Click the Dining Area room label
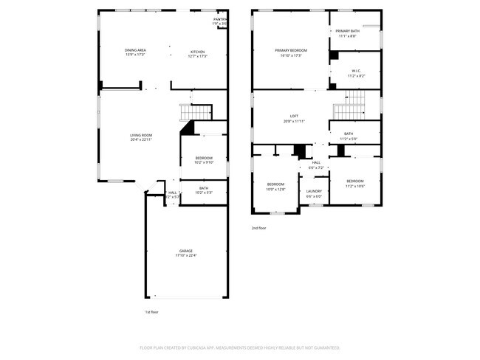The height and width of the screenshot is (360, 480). tap(134, 52)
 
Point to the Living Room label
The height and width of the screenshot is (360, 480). tap(141, 137)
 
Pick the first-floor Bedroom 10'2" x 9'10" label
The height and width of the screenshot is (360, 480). tap(204, 160)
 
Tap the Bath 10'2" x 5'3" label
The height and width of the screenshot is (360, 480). tap(204, 190)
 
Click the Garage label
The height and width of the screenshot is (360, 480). tap(185, 253)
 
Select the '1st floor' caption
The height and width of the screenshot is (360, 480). tap(151, 312)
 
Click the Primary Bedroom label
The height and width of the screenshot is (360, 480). tap(290, 52)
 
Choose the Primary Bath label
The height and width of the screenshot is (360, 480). tap(347, 33)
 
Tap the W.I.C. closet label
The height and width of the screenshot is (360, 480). tap(352, 72)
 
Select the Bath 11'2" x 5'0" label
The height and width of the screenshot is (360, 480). tap(348, 136)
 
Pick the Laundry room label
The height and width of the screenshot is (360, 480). tap(314, 193)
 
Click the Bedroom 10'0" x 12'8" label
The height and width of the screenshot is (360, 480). tap(275, 186)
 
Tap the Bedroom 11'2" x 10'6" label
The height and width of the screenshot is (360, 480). tap(355, 183)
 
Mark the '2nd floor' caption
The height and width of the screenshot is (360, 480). tap(258, 228)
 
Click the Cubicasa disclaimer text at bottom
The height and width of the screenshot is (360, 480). tap(239, 347)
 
